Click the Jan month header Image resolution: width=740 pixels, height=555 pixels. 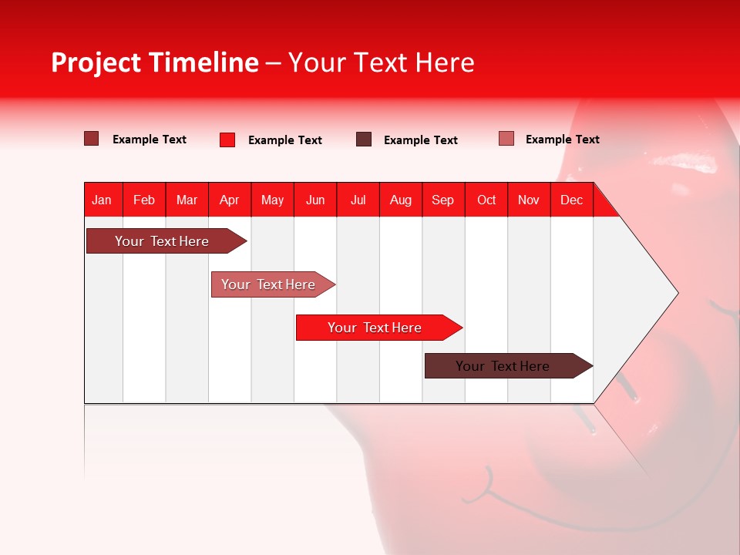(102, 200)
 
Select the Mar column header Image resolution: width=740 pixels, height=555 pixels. (187, 200)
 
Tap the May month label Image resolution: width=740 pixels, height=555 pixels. (272, 200)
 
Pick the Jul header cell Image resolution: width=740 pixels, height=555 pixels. (358, 200)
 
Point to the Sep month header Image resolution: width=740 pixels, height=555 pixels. (442, 200)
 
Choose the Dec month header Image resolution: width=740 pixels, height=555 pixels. (571, 200)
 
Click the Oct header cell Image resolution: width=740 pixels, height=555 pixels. (486, 200)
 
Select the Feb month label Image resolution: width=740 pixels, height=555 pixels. (144, 200)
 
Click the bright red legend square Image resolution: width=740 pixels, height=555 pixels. (227, 140)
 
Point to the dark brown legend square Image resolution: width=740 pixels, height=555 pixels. (364, 140)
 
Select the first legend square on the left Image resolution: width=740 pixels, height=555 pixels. (92, 139)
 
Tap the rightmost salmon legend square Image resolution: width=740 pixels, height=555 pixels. (506, 139)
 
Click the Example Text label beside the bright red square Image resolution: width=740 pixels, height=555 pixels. (285, 140)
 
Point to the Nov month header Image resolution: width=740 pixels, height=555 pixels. (529, 200)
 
